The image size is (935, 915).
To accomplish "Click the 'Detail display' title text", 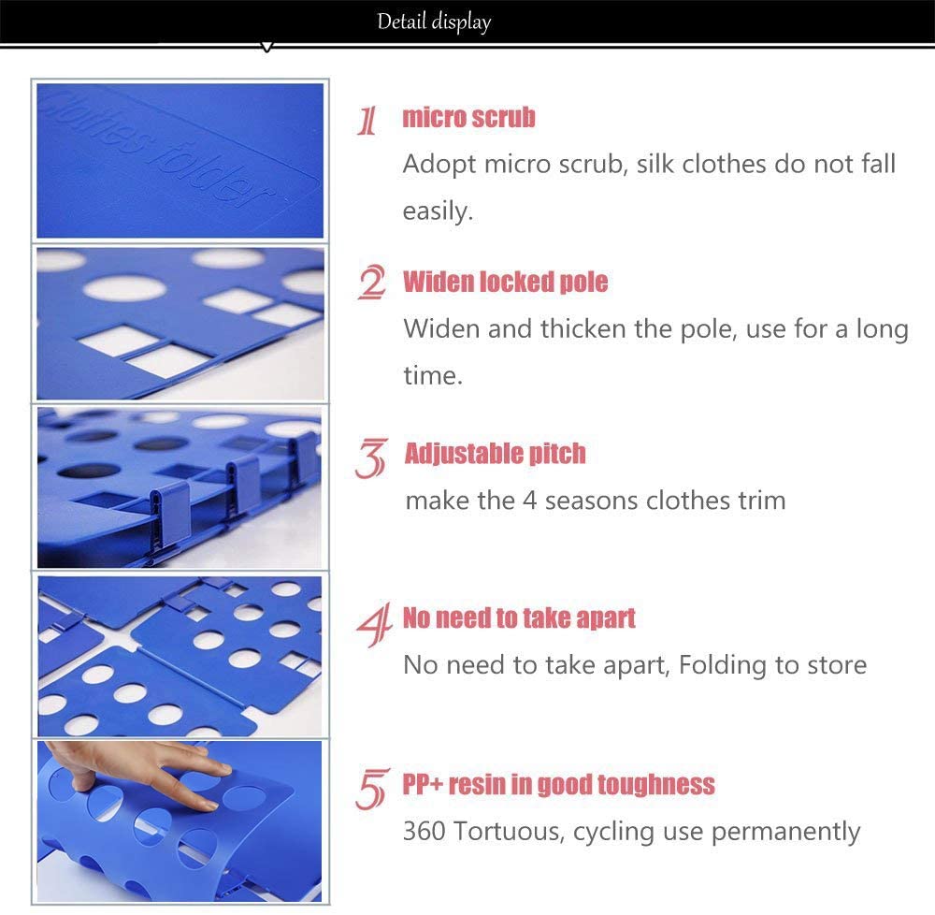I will [434, 21].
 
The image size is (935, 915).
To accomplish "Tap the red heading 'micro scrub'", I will [468, 118].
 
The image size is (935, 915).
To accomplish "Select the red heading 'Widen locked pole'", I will [505, 282].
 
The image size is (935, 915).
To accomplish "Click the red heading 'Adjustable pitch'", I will [495, 454].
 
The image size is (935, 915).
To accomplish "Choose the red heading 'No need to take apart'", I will [519, 618].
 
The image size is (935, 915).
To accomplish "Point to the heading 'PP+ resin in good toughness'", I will [558, 784].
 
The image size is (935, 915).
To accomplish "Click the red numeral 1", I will [368, 121].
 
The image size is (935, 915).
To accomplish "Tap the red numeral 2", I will [371, 283].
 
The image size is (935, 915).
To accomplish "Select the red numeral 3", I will [370, 458].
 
